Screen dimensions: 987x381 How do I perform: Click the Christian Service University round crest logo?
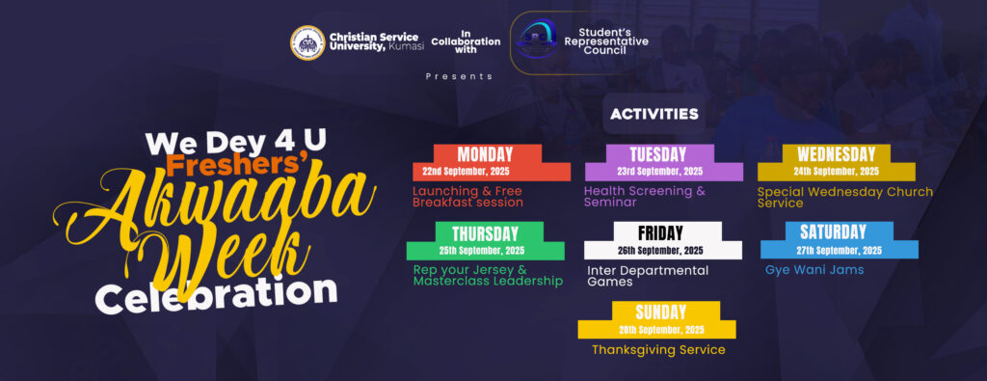(307, 42)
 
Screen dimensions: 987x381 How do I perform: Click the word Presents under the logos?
(459, 76)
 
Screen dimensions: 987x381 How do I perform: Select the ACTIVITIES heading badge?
(654, 114)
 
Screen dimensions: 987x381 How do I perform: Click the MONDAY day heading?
(485, 153)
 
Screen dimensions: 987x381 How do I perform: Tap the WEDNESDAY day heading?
(836, 153)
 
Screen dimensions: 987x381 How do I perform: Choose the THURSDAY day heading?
(485, 233)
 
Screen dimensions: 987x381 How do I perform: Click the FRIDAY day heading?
(660, 233)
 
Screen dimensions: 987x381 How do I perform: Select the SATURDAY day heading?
(833, 231)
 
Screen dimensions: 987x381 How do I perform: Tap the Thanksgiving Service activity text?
(658, 349)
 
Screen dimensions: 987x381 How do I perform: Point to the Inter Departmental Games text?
(648, 276)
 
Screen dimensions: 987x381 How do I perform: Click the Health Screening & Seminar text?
(645, 197)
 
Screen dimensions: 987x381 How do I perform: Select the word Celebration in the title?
(216, 295)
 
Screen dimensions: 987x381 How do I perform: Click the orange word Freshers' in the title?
(237, 164)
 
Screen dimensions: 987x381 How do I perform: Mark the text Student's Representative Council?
(605, 41)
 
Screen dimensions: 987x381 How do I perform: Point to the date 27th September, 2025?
(839, 250)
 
